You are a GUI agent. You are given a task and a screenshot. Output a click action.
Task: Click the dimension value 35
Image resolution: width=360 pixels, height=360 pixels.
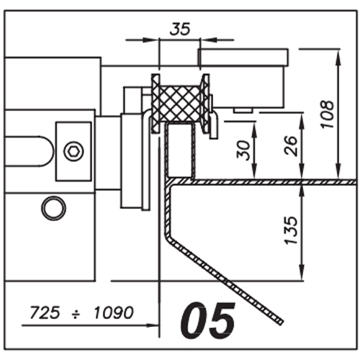(x=180, y=29)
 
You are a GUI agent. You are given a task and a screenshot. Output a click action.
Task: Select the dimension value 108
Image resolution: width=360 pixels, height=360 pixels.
(x=328, y=114)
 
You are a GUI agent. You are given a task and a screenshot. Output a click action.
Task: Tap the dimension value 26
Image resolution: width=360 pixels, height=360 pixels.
(x=291, y=146)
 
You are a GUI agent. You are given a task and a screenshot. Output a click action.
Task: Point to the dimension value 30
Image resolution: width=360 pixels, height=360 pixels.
(x=243, y=150)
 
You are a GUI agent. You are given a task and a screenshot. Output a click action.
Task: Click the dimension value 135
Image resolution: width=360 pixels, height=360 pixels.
(x=291, y=230)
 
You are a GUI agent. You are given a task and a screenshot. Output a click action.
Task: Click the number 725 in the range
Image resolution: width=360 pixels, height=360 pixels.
(x=45, y=312)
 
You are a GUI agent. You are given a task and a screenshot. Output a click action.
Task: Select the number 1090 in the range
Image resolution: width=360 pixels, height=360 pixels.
(x=113, y=312)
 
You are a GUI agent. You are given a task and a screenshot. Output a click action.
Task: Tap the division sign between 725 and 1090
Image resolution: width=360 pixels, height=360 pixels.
(x=76, y=313)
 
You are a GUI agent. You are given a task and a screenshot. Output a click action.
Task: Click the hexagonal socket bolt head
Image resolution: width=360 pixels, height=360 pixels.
(x=73, y=151)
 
